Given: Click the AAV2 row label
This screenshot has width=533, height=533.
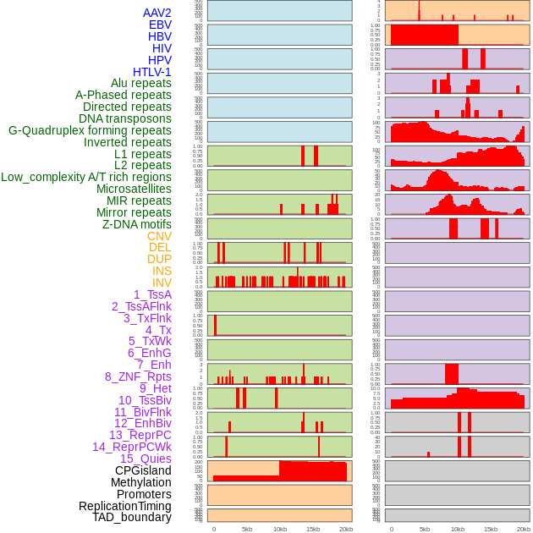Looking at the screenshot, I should (x=157, y=13).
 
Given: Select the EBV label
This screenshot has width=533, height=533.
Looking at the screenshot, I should (x=160, y=25).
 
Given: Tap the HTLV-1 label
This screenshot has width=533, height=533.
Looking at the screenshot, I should (x=151, y=72).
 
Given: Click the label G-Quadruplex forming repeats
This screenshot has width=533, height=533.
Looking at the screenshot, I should (x=90, y=130).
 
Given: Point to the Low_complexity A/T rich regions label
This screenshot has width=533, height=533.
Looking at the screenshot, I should (x=86, y=177).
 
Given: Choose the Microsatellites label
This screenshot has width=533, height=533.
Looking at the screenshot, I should (x=134, y=189).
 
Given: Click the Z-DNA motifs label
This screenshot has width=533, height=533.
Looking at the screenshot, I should (x=136, y=224).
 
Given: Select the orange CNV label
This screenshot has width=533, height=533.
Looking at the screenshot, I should (x=159, y=236).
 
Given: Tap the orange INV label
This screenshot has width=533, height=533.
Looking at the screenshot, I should (x=162, y=283).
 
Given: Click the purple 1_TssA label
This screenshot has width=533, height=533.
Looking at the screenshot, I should (x=152, y=294).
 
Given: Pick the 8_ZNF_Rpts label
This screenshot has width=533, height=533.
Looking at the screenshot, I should (x=138, y=376).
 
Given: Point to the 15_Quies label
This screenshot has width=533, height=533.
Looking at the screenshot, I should (x=146, y=459).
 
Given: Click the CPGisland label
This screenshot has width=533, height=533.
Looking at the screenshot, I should (x=143, y=470).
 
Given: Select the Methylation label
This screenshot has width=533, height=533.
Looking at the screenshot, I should (x=140, y=482).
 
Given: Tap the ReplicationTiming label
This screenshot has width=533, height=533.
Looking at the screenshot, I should (x=124, y=506).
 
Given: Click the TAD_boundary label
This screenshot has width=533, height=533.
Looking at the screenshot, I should (x=132, y=517).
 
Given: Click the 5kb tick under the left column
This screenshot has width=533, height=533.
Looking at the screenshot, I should (x=247, y=529).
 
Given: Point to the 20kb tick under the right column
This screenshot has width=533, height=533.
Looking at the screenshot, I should (x=524, y=529).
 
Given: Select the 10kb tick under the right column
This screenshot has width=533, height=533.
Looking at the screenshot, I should (x=458, y=529).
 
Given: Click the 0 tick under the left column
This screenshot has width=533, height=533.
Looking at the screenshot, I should (x=213, y=529).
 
